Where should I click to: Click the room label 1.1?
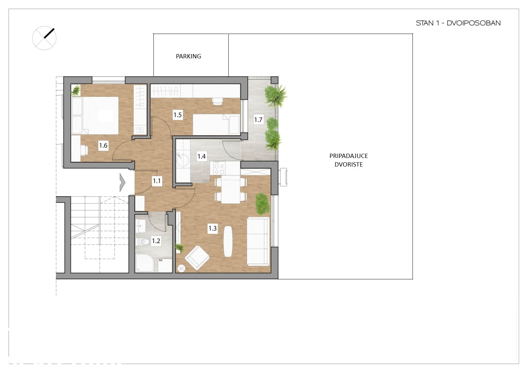click(157, 181)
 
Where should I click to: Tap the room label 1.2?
click(156, 241)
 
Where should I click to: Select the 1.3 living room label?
click(213, 228)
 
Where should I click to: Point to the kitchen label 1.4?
click(202, 156)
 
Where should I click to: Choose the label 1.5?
click(178, 115)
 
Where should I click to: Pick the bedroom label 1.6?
click(103, 145)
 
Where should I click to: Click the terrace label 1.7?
click(258, 120)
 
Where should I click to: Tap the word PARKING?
click(188, 56)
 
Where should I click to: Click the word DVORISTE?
click(348, 165)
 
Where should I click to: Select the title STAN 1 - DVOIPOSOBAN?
click(458, 23)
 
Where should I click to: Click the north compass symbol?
click(44, 38)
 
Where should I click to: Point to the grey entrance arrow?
click(122, 182)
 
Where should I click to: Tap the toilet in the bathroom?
click(143, 241)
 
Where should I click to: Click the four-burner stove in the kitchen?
click(219, 168)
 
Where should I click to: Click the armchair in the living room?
click(197, 258)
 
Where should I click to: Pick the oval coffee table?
click(228, 241)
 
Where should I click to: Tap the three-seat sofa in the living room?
click(258, 241)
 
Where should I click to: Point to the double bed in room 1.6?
click(95, 115)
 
